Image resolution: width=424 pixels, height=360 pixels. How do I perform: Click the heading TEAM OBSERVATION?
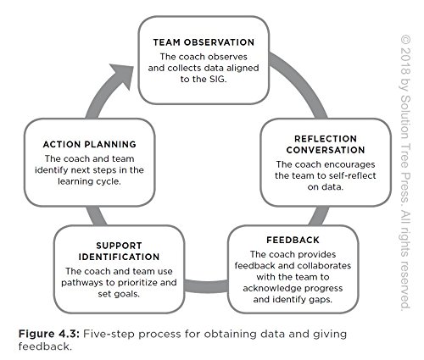204,41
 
